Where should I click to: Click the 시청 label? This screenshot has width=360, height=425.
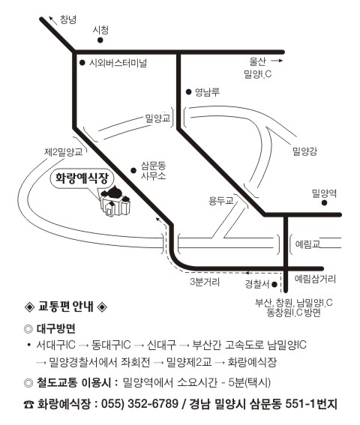[100, 30]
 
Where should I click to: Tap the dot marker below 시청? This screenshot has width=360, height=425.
[100, 40]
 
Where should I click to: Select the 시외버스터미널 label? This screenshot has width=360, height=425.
[118, 63]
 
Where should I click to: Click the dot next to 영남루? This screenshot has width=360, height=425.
[188, 92]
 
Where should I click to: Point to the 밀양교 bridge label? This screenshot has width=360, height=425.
[157, 118]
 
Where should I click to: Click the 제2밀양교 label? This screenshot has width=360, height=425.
[64, 151]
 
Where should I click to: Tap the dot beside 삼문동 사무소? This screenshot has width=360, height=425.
[133, 170]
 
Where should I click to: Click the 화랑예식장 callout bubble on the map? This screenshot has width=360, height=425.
[82, 179]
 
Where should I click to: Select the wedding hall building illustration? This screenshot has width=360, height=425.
[115, 202]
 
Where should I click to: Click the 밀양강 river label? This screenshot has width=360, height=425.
[305, 151]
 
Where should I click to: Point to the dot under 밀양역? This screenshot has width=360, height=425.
[324, 202]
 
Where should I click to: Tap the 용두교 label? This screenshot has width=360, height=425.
[220, 201]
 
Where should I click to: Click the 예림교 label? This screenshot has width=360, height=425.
[307, 244]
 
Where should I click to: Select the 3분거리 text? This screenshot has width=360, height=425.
[205, 282]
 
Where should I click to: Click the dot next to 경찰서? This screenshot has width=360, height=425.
[274, 285]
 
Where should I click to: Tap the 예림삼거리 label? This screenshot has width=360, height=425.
[315, 279]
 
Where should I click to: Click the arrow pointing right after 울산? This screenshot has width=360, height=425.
[277, 61]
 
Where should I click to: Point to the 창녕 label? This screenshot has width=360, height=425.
[67, 19]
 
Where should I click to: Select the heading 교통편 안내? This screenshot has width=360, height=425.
[66, 307]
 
